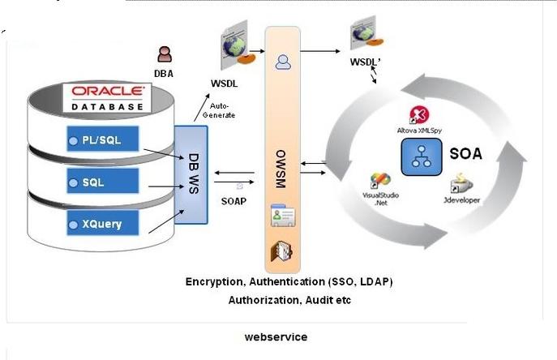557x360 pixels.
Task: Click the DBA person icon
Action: [165, 54]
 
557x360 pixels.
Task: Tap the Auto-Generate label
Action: [221, 110]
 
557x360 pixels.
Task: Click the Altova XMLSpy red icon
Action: [419, 114]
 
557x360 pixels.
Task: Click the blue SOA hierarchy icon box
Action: [420, 154]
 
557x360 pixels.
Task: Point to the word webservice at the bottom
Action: [276, 336]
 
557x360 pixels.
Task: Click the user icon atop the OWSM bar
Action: [283, 61]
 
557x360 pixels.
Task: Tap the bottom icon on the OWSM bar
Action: [282, 251]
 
